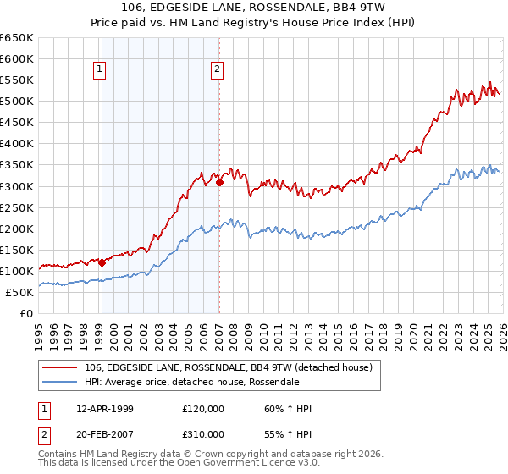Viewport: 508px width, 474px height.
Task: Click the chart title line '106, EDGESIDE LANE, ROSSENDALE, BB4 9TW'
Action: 254,10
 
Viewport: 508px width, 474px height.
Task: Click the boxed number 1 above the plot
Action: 100,69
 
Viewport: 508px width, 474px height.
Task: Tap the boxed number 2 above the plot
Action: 218,69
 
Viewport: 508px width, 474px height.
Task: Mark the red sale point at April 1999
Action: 102,262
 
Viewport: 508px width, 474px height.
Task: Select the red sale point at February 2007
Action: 219,181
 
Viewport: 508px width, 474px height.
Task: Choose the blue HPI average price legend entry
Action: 191,382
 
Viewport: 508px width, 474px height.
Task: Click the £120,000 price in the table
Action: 203,409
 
